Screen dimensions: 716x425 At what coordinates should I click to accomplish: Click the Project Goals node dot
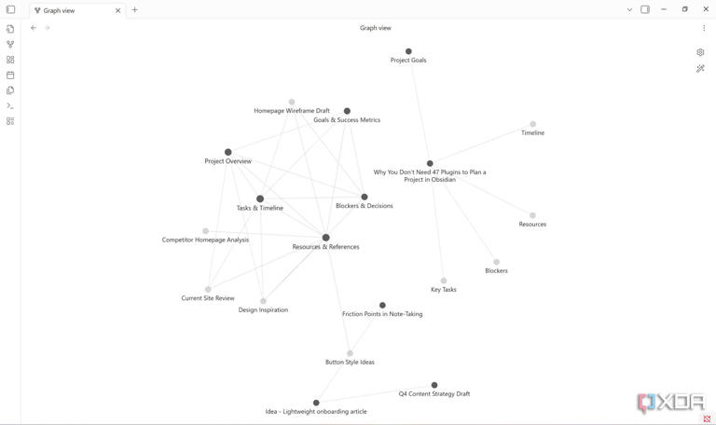[x=408, y=51]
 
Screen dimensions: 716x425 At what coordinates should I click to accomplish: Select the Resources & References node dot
[x=325, y=238]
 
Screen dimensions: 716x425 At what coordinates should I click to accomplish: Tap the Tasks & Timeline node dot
[x=260, y=199]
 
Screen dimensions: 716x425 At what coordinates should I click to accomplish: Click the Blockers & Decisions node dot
[x=365, y=198]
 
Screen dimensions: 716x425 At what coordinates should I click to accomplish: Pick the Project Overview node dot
[x=227, y=152]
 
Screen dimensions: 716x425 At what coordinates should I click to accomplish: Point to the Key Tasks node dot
[x=444, y=281]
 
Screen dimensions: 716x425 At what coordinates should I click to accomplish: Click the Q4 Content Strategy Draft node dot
[x=434, y=385]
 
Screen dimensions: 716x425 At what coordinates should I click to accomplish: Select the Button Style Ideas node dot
[x=350, y=353]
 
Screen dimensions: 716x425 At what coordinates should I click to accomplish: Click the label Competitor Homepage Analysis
[x=205, y=240]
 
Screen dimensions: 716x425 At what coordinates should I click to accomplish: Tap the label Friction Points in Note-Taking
[x=382, y=314]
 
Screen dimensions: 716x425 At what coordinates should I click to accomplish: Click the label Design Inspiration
[x=263, y=310]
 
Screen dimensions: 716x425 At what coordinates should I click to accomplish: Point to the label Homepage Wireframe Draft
[x=292, y=111]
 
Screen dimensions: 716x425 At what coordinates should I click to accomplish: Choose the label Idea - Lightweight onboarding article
[x=316, y=412]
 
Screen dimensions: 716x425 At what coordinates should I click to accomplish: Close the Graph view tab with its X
[x=117, y=10]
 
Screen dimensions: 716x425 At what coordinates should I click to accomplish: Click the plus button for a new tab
[x=134, y=10]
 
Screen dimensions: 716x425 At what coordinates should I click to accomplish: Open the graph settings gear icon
[x=700, y=52]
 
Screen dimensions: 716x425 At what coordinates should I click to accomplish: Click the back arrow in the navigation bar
[x=34, y=28]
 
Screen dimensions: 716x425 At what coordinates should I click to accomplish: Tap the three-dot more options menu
[x=704, y=28]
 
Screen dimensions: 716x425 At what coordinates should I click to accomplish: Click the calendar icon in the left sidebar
[x=10, y=75]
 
